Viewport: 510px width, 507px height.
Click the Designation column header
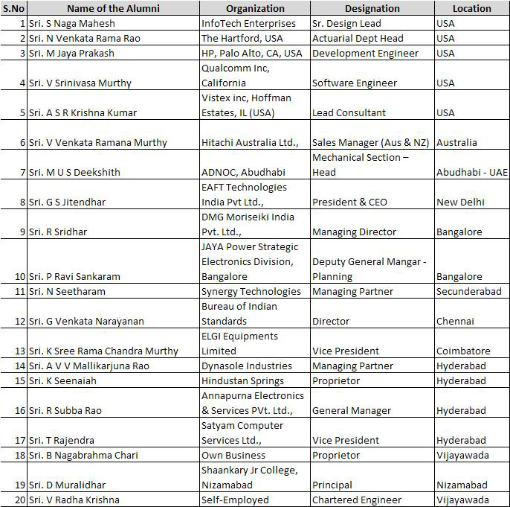click(372, 8)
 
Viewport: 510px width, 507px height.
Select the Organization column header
click(255, 8)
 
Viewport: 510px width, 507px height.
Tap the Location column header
click(471, 8)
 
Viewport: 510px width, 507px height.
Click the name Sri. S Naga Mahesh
click(67, 23)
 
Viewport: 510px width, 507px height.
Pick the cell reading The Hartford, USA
click(242, 38)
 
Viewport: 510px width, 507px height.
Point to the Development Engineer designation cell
click(365, 53)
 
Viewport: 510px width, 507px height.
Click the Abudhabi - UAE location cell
click(472, 172)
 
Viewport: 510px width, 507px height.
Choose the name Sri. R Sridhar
click(57, 232)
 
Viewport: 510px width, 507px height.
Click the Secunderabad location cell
click(468, 291)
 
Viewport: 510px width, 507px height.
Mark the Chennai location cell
click(455, 321)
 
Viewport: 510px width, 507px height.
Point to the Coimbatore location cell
click(463, 351)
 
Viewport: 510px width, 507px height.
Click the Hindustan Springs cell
click(243, 380)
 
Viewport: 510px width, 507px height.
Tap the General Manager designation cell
click(351, 410)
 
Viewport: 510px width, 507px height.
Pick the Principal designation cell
click(333, 485)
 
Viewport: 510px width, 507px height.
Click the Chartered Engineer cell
click(357, 500)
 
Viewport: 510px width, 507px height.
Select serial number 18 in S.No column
click(19, 455)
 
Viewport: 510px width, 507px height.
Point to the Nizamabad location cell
click(462, 485)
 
